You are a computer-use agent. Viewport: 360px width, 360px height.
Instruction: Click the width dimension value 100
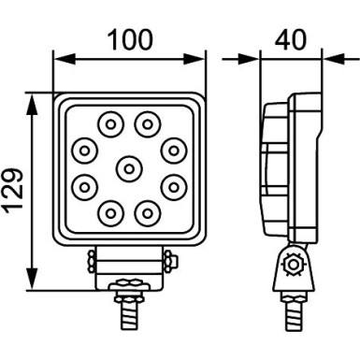pos(130,40)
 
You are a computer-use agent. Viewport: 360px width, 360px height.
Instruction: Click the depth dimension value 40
pos(291,40)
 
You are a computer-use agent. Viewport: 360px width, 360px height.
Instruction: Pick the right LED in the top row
pos(147,122)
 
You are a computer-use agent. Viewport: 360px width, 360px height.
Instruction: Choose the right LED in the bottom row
pos(147,211)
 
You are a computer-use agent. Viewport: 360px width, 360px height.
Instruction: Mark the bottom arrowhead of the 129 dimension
pos(35,286)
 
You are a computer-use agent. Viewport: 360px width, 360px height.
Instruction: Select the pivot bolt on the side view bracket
pos(295,266)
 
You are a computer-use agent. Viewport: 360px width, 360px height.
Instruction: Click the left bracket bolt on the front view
pos(92,256)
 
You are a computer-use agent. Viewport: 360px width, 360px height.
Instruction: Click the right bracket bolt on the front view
pos(167,256)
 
